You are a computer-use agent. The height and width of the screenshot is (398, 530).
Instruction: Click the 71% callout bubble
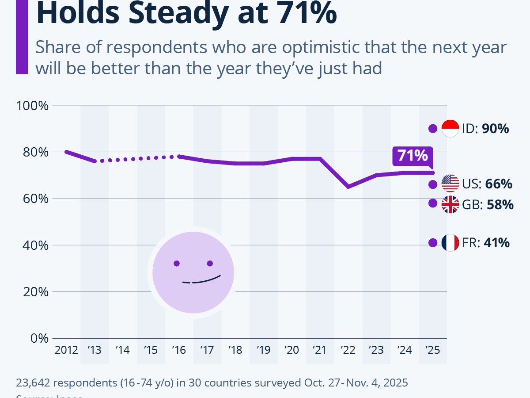[x=413, y=156]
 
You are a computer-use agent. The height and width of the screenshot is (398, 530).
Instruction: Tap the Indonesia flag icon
[x=450, y=129]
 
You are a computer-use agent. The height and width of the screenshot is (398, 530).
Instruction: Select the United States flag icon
[x=450, y=184]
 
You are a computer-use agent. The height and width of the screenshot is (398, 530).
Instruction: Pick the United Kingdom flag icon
[x=450, y=204]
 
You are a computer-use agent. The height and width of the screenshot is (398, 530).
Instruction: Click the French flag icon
[x=450, y=243]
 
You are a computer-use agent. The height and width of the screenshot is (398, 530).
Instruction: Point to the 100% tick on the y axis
[x=32, y=106]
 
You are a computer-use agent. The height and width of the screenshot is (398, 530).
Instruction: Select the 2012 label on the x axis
[x=66, y=350]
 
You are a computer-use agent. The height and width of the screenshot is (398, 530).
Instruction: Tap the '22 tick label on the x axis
[x=348, y=350]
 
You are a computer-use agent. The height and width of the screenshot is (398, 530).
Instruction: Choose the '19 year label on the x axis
[x=263, y=350]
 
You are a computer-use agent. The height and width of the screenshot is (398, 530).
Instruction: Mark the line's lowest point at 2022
[x=348, y=187]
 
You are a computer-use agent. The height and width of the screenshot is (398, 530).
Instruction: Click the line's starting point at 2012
[x=66, y=152]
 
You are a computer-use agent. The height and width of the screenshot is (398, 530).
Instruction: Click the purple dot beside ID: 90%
[x=433, y=129]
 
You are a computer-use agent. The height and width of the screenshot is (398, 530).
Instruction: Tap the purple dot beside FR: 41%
[x=433, y=243]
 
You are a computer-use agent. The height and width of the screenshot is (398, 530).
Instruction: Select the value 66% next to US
[x=499, y=184]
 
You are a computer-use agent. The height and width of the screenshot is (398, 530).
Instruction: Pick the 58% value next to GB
[x=500, y=205]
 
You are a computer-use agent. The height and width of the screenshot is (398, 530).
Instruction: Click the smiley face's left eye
[x=177, y=264]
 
